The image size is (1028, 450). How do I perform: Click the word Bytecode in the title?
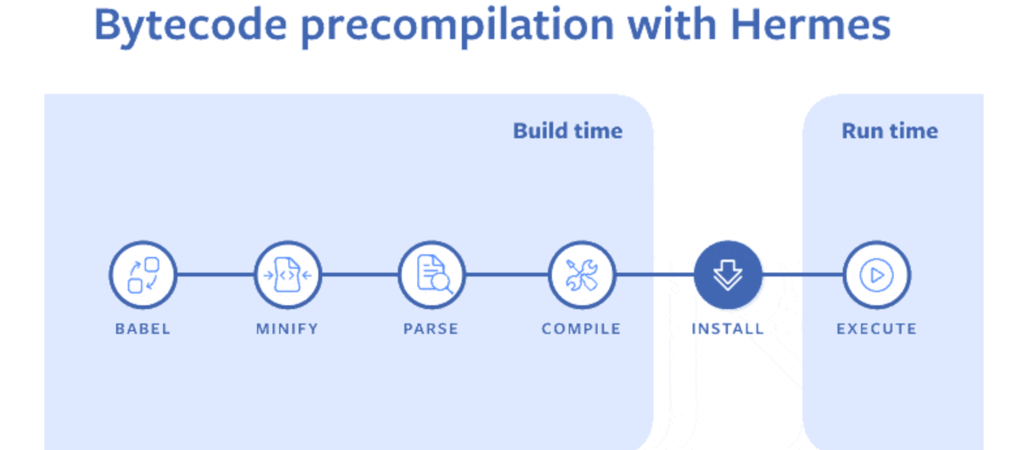pyautogui.click(x=190, y=25)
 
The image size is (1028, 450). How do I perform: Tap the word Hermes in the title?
pyautogui.click(x=810, y=25)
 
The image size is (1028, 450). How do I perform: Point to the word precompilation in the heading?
pyautogui.click(x=457, y=25)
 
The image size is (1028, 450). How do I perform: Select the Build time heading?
pyautogui.click(x=567, y=131)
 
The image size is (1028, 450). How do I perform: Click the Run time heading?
pyautogui.click(x=890, y=131)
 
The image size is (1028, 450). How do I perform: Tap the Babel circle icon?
pyautogui.click(x=143, y=275)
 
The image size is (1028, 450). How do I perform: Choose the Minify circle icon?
pyautogui.click(x=287, y=275)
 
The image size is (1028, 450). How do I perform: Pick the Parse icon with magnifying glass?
pyautogui.click(x=432, y=275)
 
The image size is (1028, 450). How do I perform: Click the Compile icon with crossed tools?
pyautogui.click(x=581, y=275)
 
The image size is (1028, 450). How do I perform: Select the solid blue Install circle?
pyautogui.click(x=727, y=275)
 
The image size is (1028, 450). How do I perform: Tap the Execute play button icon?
pyautogui.click(x=877, y=275)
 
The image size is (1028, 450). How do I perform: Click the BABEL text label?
pyautogui.click(x=143, y=329)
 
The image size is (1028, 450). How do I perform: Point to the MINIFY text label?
pyautogui.click(x=287, y=329)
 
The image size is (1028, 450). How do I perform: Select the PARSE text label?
pyautogui.click(x=431, y=329)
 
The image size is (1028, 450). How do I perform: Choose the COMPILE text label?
pyautogui.click(x=581, y=329)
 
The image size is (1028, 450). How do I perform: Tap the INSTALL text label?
pyautogui.click(x=727, y=329)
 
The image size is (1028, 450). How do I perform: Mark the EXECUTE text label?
pyautogui.click(x=877, y=329)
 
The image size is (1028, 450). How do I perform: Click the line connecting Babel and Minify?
pyautogui.click(x=215, y=275)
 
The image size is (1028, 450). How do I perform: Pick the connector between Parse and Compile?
pyautogui.click(x=507, y=275)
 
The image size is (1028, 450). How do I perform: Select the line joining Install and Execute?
pyautogui.click(x=802, y=275)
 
